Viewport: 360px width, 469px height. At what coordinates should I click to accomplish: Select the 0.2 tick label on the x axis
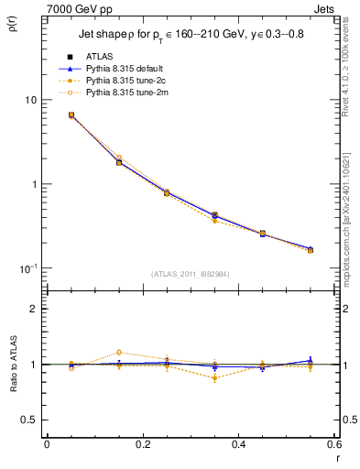pos(142,444)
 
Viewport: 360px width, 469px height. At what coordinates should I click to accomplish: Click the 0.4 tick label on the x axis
pos(238,444)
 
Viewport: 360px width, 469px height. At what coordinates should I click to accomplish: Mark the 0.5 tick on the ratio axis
pos(30,420)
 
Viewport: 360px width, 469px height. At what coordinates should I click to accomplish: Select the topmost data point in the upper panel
pos(71,115)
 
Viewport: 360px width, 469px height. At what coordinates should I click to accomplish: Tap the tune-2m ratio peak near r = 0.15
pos(119,352)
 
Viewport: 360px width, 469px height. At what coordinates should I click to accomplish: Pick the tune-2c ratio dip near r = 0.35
pos(214,377)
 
